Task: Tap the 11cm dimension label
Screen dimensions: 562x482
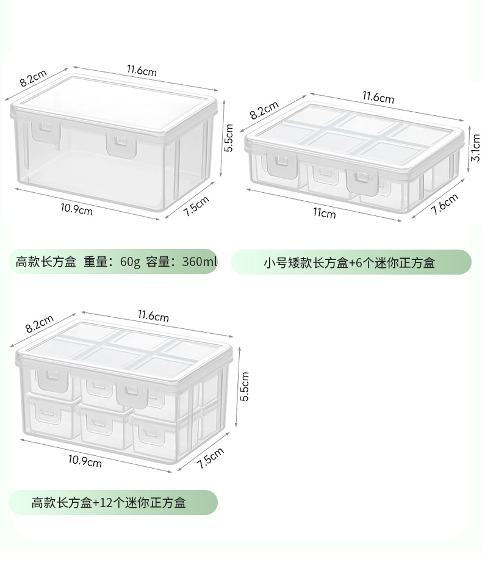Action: pos(325,213)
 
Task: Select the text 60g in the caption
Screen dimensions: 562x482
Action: pos(130,262)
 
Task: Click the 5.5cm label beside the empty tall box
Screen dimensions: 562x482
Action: pos(229,139)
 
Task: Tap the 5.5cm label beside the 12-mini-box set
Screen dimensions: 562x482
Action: pos(245,387)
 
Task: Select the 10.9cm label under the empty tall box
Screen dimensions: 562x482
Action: pos(76,210)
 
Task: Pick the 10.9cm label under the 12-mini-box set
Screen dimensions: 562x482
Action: pos(85,462)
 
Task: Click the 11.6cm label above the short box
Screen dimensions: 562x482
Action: pos(378,97)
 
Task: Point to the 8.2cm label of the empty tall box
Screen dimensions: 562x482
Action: pos(33,77)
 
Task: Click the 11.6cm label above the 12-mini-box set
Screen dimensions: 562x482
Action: pos(153,315)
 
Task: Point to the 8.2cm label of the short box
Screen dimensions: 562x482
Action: pos(264,110)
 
